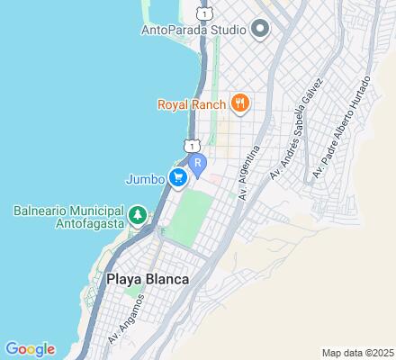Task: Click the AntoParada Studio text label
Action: (193, 29)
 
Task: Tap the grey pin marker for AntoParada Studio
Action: (261, 29)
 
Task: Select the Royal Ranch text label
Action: (192, 103)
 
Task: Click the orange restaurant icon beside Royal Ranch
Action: (239, 103)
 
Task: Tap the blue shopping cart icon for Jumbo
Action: (178, 177)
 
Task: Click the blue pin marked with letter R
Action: (199, 165)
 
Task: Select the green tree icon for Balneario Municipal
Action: (137, 215)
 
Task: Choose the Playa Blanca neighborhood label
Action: (148, 279)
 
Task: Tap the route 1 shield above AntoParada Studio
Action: (206, 15)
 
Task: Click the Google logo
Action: (30, 349)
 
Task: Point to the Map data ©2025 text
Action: (357, 352)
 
